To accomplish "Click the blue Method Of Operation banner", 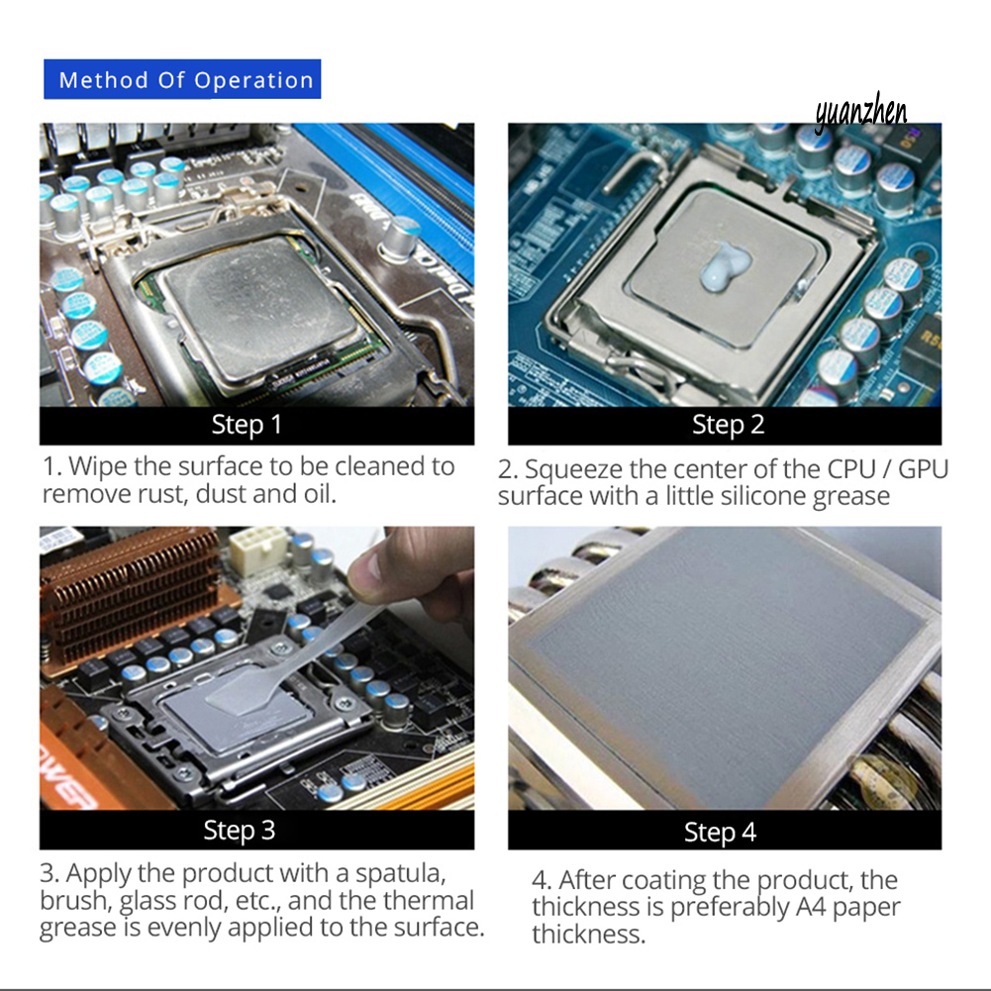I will pyautogui.click(x=182, y=80).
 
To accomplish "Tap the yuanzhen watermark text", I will pyautogui.click(x=860, y=113).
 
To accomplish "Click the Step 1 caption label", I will pyautogui.click(x=247, y=425).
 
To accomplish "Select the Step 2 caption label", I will pyautogui.click(x=728, y=425).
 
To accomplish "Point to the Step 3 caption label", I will pyautogui.click(x=239, y=830).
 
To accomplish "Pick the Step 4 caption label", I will pyautogui.click(x=720, y=833).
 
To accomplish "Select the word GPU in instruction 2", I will pyautogui.click(x=923, y=468).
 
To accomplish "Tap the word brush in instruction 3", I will pyautogui.click(x=75, y=901).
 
